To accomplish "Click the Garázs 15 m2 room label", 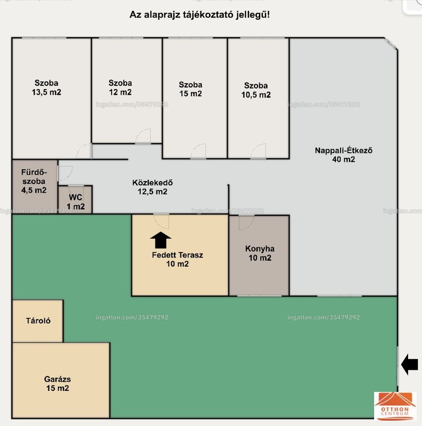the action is point(57,383).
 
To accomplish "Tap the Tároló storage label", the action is point(38,321).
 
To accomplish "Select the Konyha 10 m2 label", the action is point(260,253).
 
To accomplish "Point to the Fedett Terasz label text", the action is point(177,255).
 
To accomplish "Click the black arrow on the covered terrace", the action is point(161,240).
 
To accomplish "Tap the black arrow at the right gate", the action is point(410,364).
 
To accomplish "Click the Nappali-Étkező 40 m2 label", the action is point(344,155).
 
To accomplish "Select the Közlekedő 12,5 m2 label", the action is point(152,187).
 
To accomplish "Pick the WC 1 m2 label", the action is point(76,202).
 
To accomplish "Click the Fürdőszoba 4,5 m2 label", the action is point(34,181).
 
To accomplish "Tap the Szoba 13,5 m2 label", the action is point(46,87).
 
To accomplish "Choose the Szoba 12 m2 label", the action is point(120,87).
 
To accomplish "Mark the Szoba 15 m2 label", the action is point(191,89).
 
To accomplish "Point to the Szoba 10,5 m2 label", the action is point(256,90).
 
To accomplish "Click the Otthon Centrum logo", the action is point(395,406).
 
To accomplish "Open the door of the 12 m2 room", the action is point(143,136).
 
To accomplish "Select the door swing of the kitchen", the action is point(246,223).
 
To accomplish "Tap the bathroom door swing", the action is point(65,174).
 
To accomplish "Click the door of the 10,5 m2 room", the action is point(258,151).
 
